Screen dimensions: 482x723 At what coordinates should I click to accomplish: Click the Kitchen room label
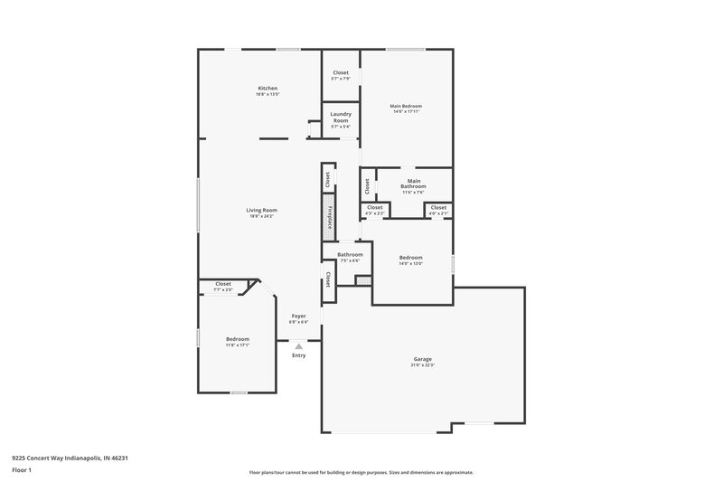pyautogui.click(x=260, y=88)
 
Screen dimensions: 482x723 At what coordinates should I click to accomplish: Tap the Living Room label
pyautogui.click(x=261, y=210)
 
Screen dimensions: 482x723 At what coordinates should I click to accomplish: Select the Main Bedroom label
pyautogui.click(x=406, y=106)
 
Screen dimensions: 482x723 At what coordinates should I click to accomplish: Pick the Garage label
pyautogui.click(x=423, y=359)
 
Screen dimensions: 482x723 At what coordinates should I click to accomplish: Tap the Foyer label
pyautogui.click(x=298, y=316)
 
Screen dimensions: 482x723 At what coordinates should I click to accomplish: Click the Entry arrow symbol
pyautogui.click(x=298, y=345)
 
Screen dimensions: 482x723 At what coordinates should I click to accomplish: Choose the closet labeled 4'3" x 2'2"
pyautogui.click(x=374, y=208)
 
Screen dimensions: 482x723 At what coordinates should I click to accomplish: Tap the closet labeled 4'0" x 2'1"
pyautogui.click(x=437, y=208)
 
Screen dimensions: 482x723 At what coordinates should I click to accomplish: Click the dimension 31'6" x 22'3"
pyautogui.click(x=423, y=365)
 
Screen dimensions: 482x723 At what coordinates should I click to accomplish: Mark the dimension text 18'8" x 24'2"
pyautogui.click(x=261, y=216)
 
